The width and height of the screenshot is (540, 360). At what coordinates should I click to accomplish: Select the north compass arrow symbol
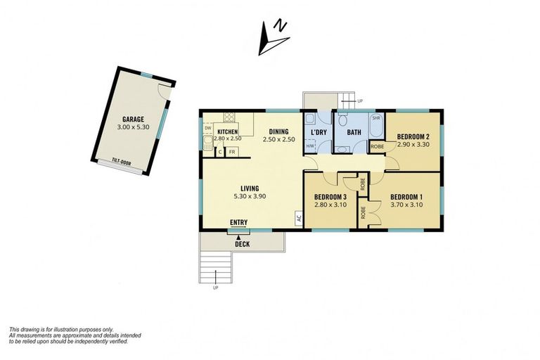271,37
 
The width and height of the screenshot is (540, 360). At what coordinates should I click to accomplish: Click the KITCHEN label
227,131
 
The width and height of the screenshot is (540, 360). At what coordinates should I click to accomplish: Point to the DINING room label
278,131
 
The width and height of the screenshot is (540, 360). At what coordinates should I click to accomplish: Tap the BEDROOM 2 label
413,136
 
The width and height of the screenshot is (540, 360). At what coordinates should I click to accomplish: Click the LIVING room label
250,188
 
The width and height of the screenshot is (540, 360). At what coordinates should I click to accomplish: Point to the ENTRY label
238,223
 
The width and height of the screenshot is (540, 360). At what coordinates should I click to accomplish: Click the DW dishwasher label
207,128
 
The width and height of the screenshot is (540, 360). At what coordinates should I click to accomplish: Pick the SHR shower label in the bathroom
375,118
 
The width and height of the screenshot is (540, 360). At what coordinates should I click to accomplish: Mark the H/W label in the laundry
310,146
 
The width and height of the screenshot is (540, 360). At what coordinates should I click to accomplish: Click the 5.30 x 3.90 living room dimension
250,198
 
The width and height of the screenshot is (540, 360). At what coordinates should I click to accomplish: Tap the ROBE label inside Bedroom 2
378,146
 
